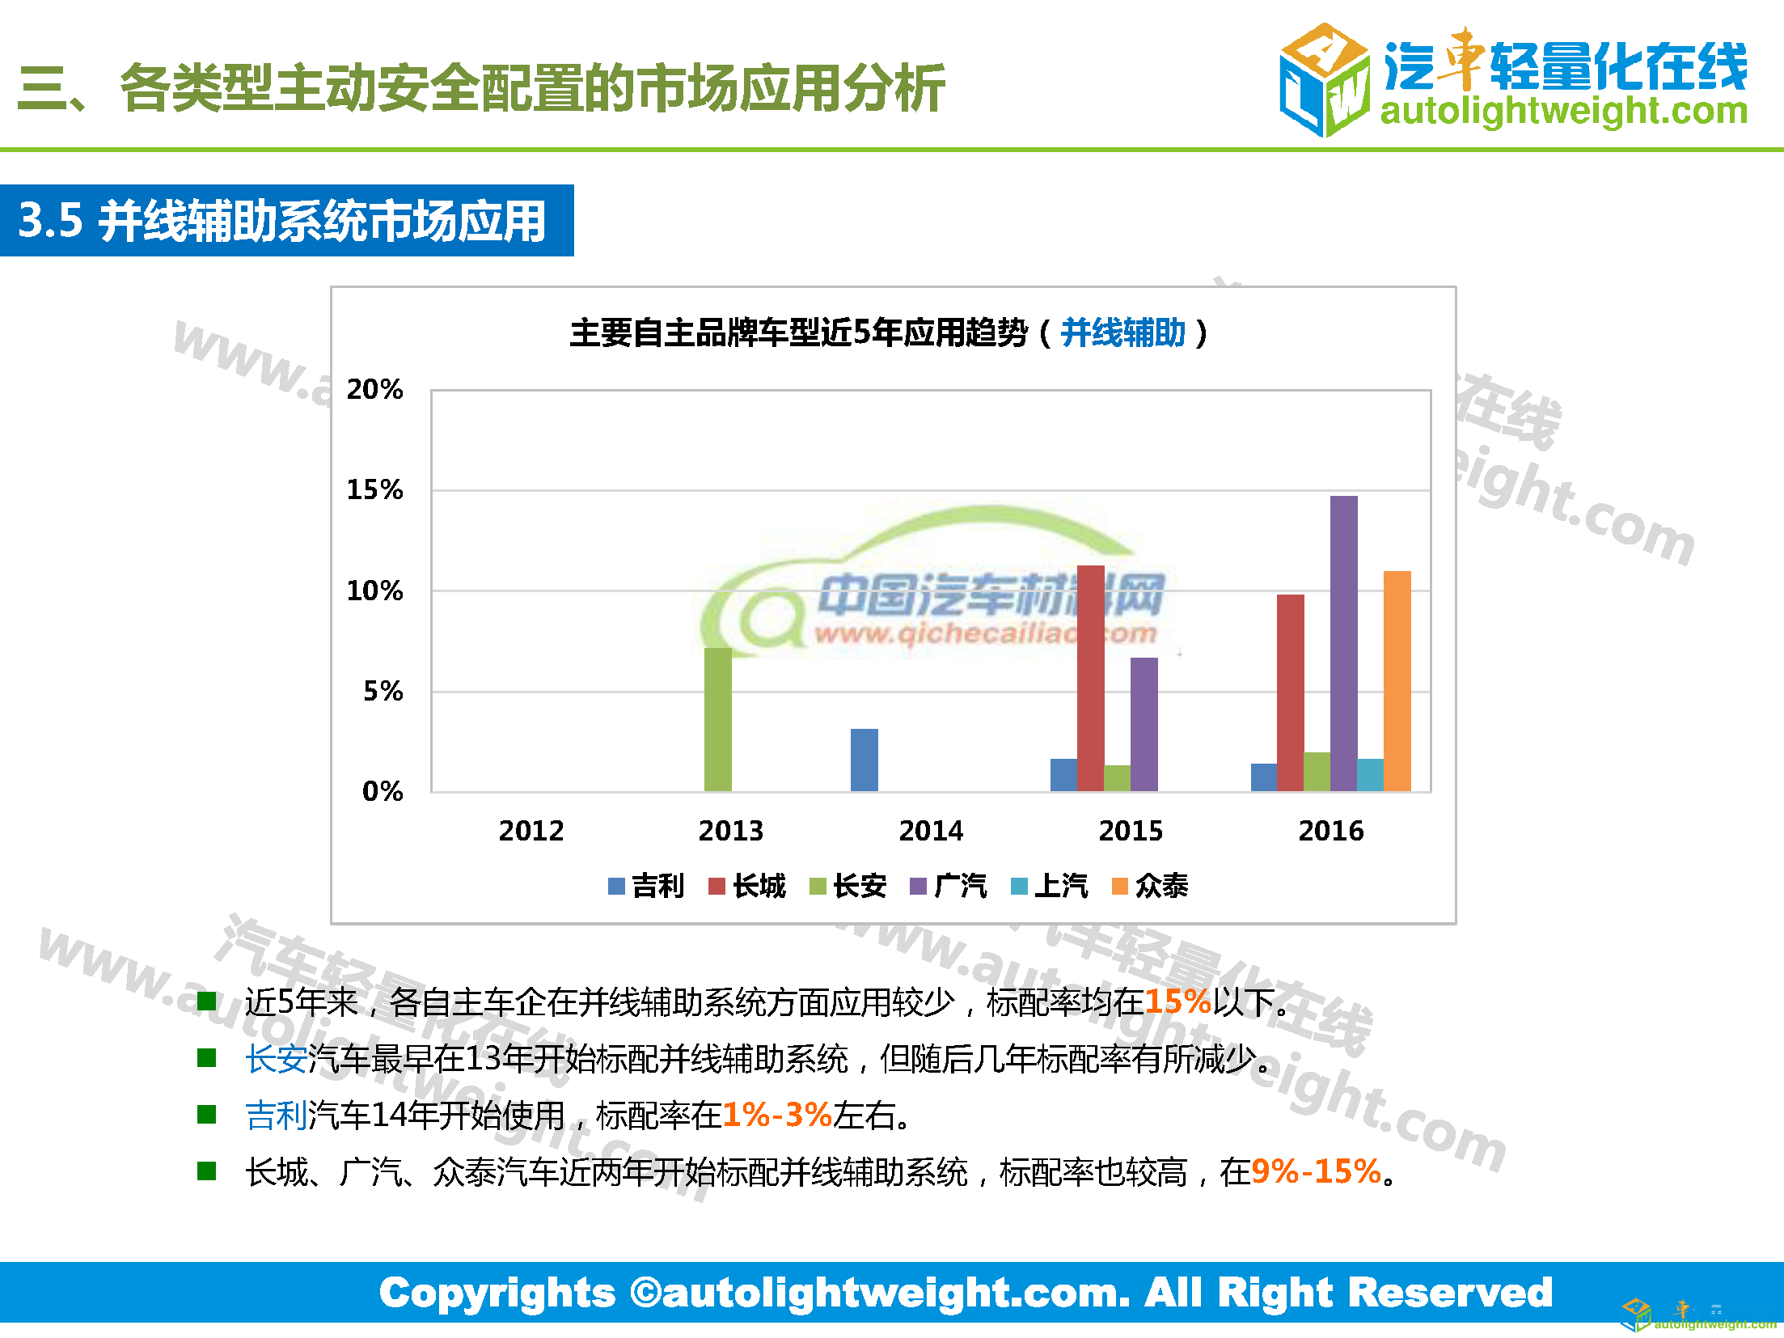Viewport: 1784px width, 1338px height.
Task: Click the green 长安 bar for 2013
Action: click(717, 719)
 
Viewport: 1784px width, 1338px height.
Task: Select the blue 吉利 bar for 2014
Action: click(864, 760)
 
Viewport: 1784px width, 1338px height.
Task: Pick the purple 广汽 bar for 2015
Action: click(1144, 724)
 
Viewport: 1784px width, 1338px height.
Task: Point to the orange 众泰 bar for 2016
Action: click(1397, 680)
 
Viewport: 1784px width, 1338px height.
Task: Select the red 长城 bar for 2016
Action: click(1290, 692)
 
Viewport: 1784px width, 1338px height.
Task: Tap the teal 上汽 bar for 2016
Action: click(1370, 775)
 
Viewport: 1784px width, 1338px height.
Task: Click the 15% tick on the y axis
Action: click(374, 489)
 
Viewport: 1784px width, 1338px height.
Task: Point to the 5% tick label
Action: click(383, 691)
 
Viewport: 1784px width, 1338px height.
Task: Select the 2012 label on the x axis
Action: click(531, 831)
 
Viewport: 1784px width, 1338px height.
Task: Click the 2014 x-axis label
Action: click(931, 831)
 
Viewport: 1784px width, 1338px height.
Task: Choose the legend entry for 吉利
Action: click(646, 886)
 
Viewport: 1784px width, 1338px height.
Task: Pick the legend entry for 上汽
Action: click(1050, 886)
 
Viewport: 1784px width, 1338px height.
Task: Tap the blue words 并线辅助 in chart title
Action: click(1122, 332)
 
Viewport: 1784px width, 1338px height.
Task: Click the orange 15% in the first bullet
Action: click(1177, 1001)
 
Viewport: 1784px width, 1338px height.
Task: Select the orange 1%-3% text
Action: click(777, 1115)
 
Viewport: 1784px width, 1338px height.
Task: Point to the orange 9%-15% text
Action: click(1316, 1171)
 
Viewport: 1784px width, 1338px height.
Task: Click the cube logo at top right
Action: click(1324, 79)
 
